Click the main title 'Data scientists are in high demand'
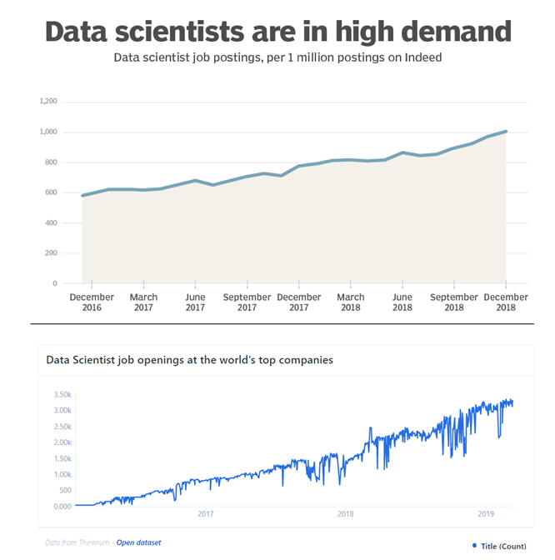tap(277, 31)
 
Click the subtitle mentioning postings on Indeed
tap(277, 58)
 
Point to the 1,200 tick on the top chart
tap(48, 102)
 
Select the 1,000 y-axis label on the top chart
tap(48, 132)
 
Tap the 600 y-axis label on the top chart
tap(51, 192)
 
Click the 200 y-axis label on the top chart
tap(51, 253)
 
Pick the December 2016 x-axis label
tap(92, 302)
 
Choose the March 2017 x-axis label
tap(143, 302)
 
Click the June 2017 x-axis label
tap(195, 302)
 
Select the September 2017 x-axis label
tap(247, 302)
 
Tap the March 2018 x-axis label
tap(350, 302)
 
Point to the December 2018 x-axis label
tap(506, 302)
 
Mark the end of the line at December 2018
tap(506, 132)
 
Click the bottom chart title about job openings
tap(189, 360)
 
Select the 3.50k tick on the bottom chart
tap(62, 394)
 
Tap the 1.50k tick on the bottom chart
tap(62, 458)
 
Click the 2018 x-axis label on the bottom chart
tap(345, 514)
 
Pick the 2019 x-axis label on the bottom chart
tap(485, 514)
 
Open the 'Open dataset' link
tap(138, 542)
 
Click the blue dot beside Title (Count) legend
tap(474, 546)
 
